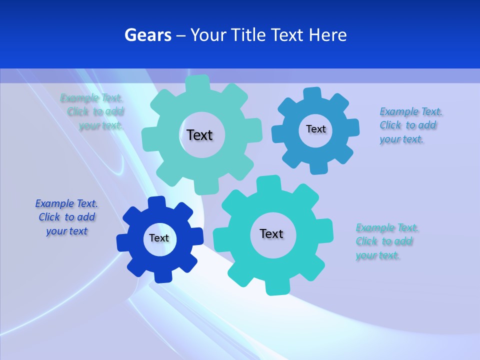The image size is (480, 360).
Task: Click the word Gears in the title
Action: pyautogui.click(x=147, y=35)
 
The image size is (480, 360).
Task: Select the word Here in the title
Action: pyautogui.click(x=327, y=35)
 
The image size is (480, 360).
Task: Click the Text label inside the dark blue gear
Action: pyautogui.click(x=159, y=238)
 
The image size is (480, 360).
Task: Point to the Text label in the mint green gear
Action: pyautogui.click(x=199, y=135)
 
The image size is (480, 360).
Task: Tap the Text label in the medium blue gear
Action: pyautogui.click(x=315, y=129)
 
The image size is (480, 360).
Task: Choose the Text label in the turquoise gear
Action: pyautogui.click(x=271, y=233)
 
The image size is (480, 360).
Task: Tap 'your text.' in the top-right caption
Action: pyautogui.click(x=401, y=139)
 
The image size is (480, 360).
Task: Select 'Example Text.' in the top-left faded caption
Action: pyautogui.click(x=91, y=98)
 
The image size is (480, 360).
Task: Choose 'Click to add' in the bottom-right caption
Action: pyautogui.click(x=384, y=241)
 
